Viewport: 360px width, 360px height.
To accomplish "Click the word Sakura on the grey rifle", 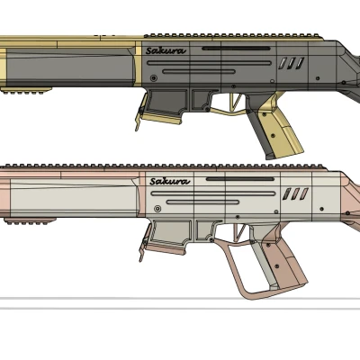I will [166, 51].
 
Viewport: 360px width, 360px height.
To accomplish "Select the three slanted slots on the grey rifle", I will [290, 63].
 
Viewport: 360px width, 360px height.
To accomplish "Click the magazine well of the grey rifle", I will [170, 104].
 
